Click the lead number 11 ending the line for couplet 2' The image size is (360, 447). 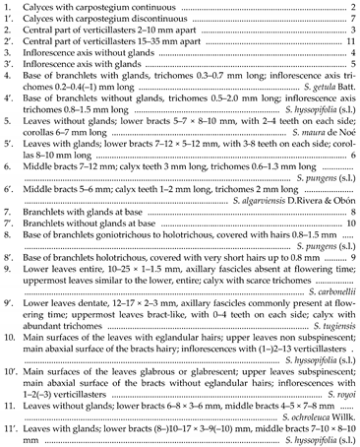click(349, 46)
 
